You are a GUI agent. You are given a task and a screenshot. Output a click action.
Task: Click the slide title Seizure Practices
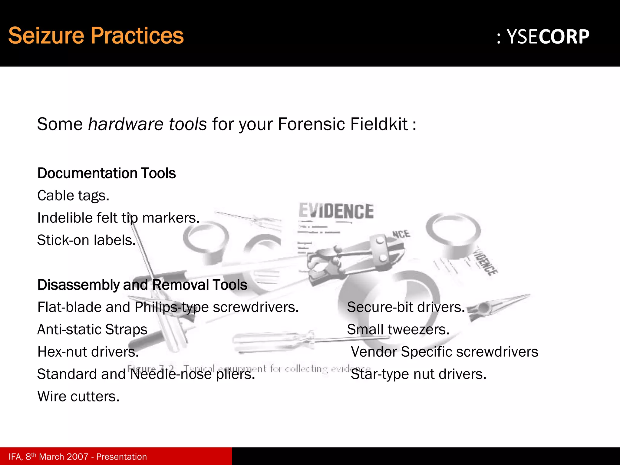pyautogui.click(x=96, y=36)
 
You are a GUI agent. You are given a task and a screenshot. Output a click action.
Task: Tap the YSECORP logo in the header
pyautogui.click(x=543, y=37)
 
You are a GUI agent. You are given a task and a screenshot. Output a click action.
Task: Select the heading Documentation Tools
pyautogui.click(x=107, y=173)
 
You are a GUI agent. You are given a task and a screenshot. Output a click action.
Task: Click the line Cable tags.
pyautogui.click(x=73, y=196)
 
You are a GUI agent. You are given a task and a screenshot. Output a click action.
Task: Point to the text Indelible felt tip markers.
pyautogui.click(x=118, y=218)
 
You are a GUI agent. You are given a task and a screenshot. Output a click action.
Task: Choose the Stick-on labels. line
pyautogui.click(x=86, y=240)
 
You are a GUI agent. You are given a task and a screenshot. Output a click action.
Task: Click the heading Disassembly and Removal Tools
pyautogui.click(x=142, y=285)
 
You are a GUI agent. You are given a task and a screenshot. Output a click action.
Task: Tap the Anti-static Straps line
pyautogui.click(x=92, y=329)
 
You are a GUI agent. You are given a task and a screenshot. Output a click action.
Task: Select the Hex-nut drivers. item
pyautogui.click(x=88, y=352)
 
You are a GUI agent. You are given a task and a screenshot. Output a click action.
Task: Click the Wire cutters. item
pyautogui.click(x=78, y=397)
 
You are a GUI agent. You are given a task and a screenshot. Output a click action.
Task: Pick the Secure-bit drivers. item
pyautogui.click(x=406, y=307)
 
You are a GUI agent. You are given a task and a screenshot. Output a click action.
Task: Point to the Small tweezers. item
pyautogui.click(x=398, y=329)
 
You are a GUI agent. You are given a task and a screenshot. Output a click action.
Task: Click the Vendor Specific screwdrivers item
pyautogui.click(x=444, y=352)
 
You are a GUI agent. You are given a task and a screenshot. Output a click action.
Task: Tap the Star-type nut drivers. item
pyautogui.click(x=418, y=374)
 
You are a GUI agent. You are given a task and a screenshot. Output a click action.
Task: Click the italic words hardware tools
pyautogui.click(x=147, y=124)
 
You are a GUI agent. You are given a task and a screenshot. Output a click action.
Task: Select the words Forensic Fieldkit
pyautogui.click(x=343, y=124)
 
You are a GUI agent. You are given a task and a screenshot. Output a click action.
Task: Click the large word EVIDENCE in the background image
pyautogui.click(x=336, y=211)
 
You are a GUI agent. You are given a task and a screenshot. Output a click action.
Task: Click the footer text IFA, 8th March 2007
pyautogui.click(x=48, y=457)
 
